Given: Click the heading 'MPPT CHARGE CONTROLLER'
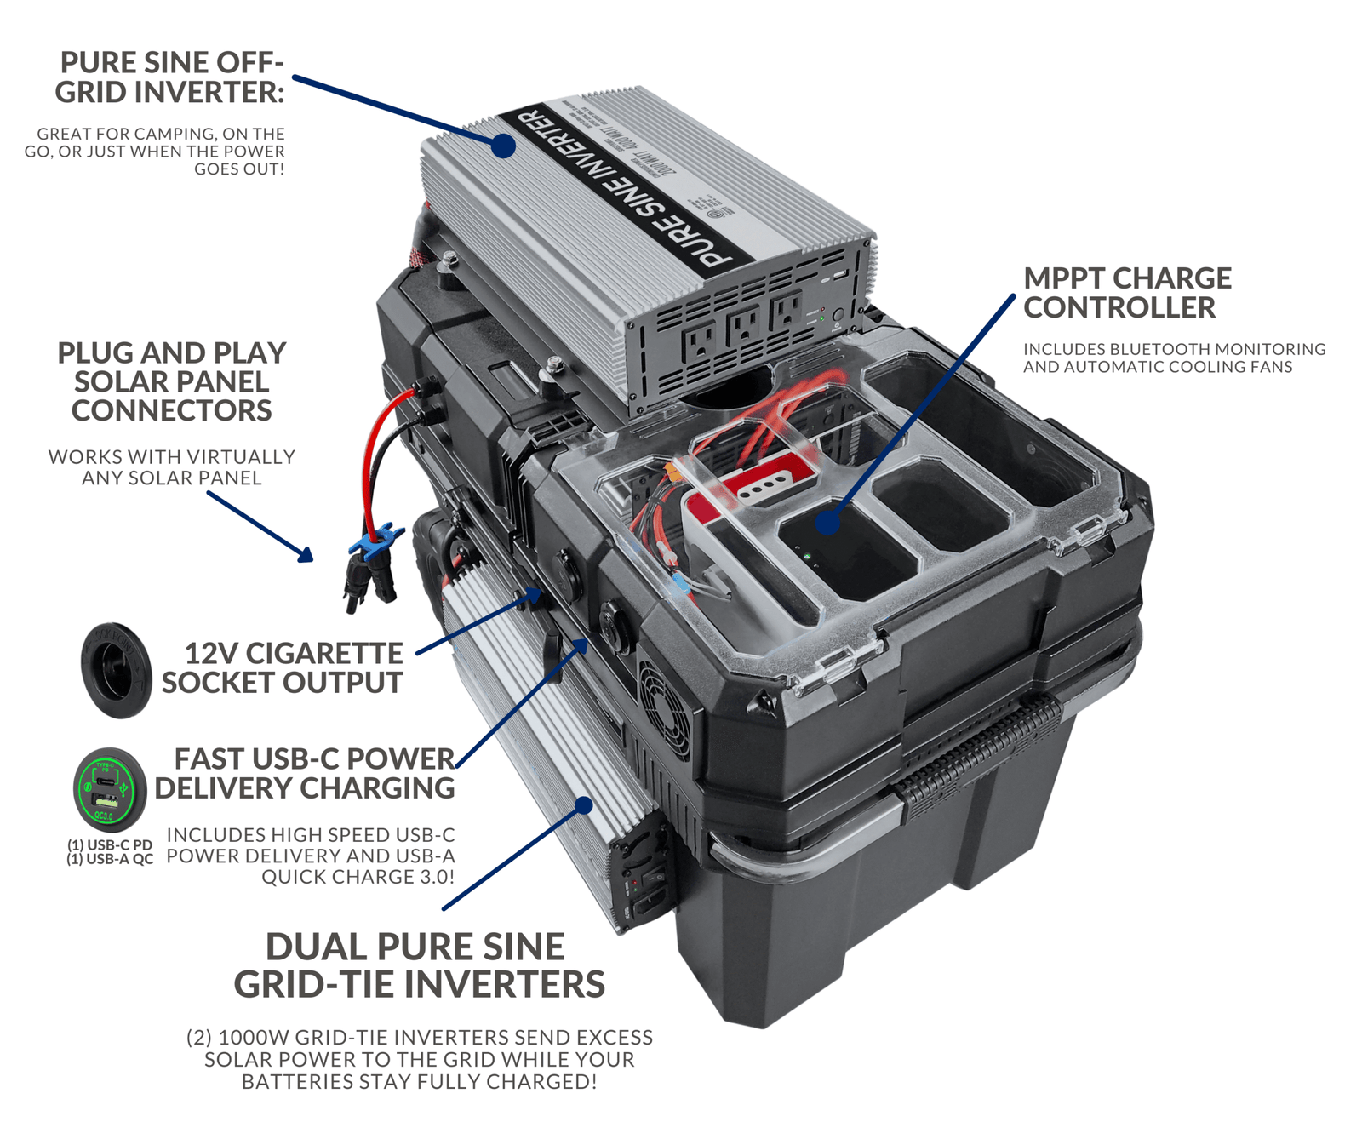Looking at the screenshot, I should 1126,293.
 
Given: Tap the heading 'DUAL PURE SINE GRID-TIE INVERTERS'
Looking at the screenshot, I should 419,965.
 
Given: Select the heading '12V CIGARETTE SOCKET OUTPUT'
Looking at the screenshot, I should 283,667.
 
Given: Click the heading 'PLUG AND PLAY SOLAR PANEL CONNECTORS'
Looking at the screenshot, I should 171,381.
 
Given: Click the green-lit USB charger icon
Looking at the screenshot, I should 109,789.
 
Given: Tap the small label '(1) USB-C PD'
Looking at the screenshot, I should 110,844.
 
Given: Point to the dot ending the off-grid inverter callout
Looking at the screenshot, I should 504,146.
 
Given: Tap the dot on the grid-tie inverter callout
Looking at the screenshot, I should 584,804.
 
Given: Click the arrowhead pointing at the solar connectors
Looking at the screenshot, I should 306,555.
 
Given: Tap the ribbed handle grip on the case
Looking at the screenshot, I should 979,754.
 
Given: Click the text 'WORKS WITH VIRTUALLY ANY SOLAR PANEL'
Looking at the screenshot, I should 171,467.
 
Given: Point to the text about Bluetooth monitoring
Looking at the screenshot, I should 1174,358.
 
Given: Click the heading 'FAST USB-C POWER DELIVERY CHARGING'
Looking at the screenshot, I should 305,773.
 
